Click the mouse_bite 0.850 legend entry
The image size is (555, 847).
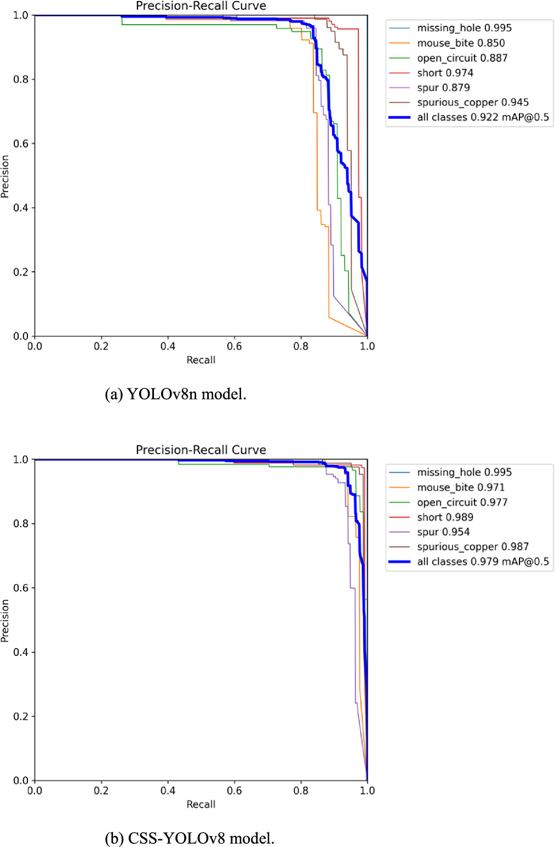(461, 43)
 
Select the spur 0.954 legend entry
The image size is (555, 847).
(443, 532)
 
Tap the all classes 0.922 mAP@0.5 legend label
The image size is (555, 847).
(483, 117)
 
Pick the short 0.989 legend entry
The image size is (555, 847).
(445, 517)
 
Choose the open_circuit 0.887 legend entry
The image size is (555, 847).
(462, 58)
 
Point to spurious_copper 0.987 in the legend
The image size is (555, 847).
(473, 547)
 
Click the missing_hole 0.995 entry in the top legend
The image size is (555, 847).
(464, 28)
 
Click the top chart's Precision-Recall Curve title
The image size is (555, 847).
(201, 6)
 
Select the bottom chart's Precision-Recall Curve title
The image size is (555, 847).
(201, 450)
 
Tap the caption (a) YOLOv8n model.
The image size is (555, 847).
(175, 394)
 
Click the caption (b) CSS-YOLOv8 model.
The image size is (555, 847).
(190, 838)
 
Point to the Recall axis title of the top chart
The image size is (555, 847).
(201, 360)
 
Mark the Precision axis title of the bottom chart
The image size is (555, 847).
(5, 620)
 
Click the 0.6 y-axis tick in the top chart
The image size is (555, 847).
(21, 144)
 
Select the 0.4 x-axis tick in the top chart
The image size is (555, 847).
(168, 346)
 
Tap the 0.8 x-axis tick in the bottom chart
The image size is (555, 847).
(301, 791)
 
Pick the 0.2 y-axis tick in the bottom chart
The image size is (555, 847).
(21, 717)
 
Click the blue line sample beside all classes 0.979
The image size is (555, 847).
(399, 562)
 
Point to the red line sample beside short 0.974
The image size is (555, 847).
(399, 73)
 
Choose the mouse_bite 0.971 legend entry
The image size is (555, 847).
(461, 488)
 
